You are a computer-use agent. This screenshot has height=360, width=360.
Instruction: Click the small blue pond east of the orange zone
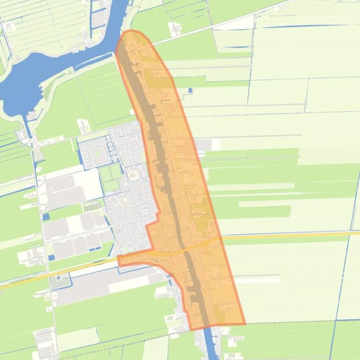point(190,90)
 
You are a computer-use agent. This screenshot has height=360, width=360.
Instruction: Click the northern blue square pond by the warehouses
point(46,217)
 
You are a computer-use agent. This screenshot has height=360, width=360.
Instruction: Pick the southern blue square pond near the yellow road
point(51,257)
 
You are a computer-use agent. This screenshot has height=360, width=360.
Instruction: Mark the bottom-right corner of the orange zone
point(245,323)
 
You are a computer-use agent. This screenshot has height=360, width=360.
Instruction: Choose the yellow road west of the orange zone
point(56,272)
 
